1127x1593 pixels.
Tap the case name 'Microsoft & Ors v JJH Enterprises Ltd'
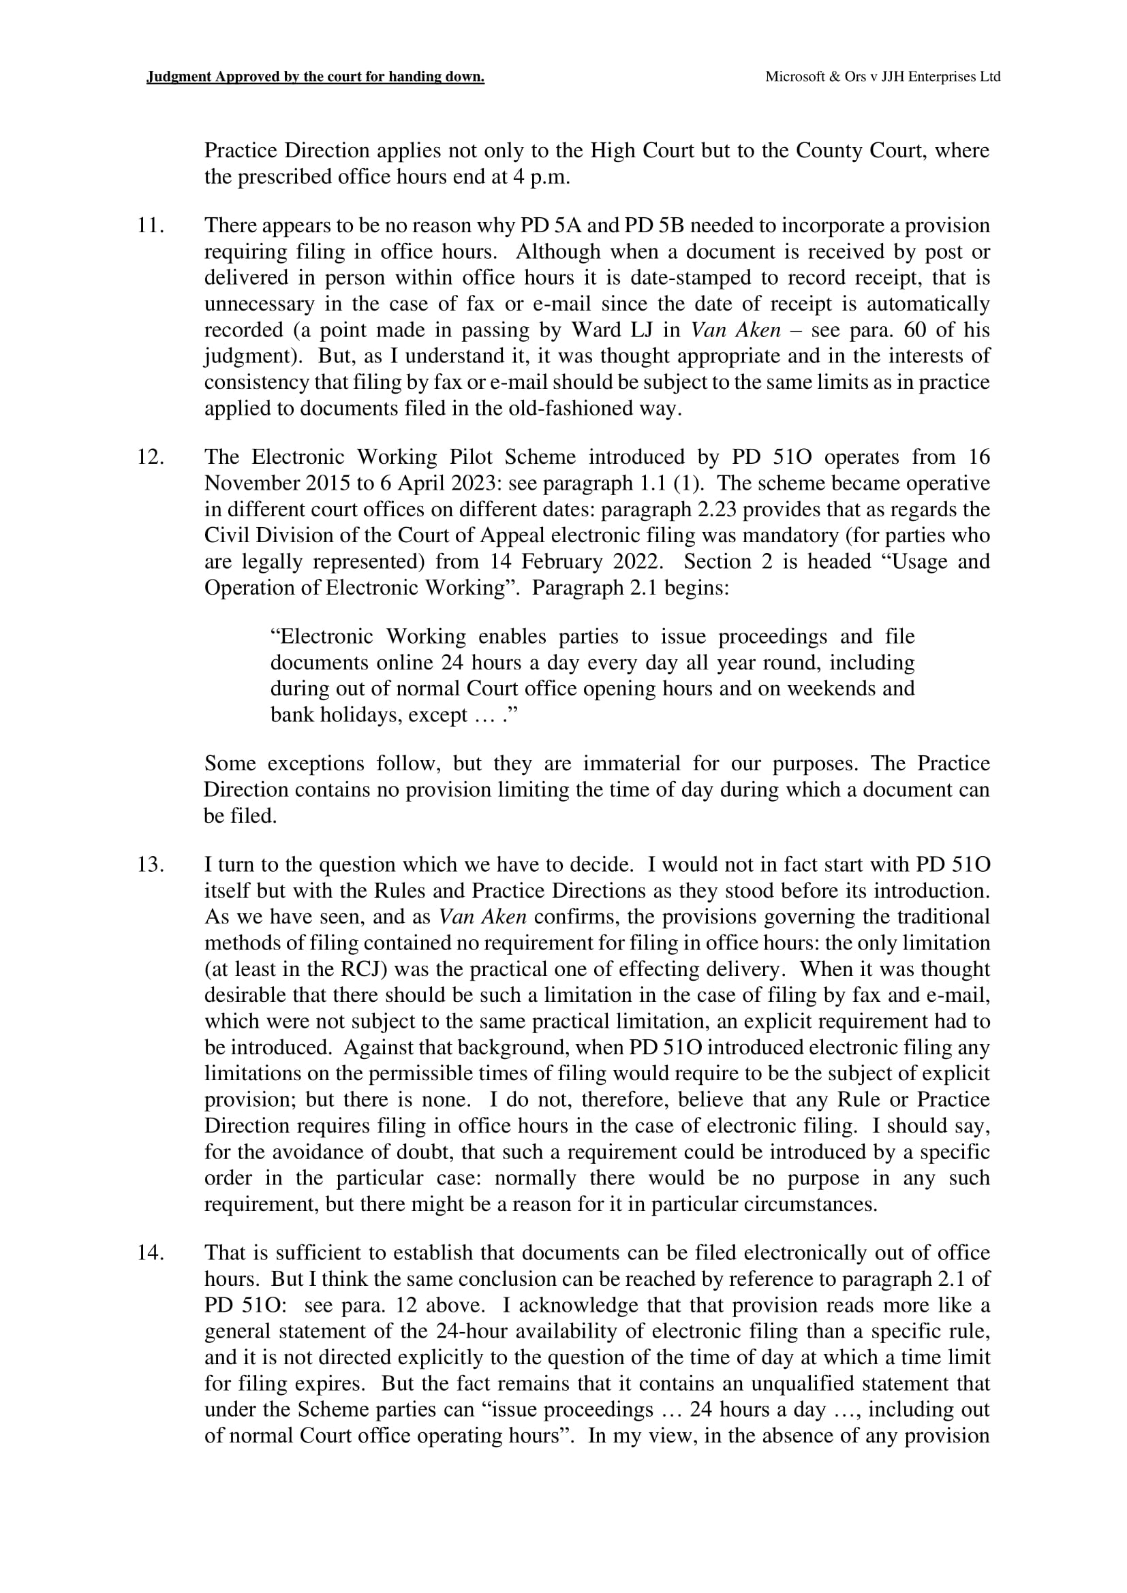tap(882, 77)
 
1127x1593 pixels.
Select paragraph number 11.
tap(150, 225)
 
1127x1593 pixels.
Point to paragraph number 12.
tap(150, 457)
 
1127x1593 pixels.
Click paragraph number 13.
tap(150, 865)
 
